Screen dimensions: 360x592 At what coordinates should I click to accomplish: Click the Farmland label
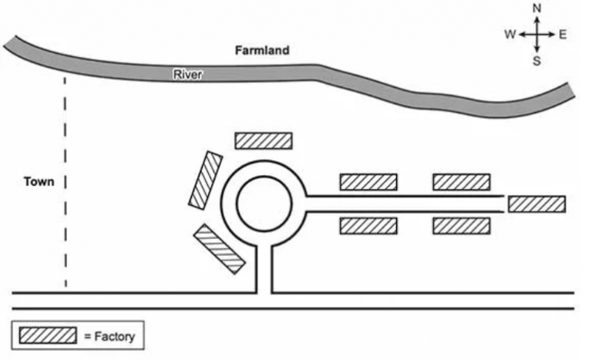coord(262,51)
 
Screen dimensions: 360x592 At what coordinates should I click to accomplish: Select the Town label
coord(38,182)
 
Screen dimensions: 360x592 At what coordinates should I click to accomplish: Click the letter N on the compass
coord(537,8)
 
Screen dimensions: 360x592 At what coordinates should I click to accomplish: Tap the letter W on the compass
coord(510,35)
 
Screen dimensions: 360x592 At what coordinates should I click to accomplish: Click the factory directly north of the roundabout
coord(264,140)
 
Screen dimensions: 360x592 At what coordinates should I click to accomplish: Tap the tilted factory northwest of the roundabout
coord(206,179)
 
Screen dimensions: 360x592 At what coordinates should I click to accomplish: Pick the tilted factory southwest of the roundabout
coord(219,248)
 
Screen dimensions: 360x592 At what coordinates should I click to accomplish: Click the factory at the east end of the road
coord(536,204)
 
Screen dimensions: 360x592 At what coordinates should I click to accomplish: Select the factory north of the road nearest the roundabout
coord(368,182)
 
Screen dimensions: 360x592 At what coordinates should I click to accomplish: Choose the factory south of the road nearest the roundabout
coord(368,226)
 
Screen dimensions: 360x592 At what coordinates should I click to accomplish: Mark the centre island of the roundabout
coord(264,204)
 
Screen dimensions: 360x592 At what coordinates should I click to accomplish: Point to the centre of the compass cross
coord(537,35)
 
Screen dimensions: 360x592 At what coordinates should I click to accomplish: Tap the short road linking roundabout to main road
coord(264,270)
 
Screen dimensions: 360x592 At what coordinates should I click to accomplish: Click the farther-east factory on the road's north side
coord(461,182)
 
